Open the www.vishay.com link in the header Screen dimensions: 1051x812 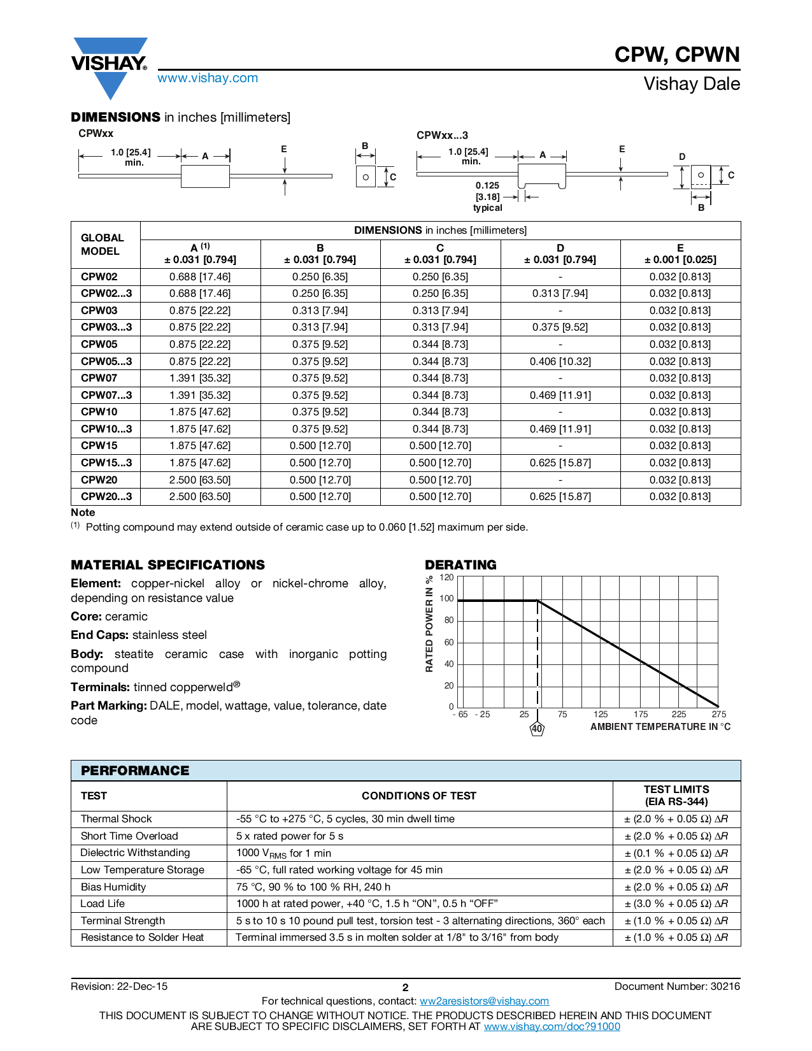pyautogui.click(x=208, y=78)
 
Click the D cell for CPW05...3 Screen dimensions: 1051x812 pyautogui.click(x=560, y=361)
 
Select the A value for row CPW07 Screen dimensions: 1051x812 pyautogui.click(x=200, y=378)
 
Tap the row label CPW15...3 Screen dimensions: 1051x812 pyautogui.click(x=106, y=462)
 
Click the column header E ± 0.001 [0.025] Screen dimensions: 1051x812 pyautogui.click(x=680, y=254)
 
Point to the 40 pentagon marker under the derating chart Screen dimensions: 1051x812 pyautogui.click(x=537, y=729)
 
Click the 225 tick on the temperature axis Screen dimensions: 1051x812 pyautogui.click(x=679, y=714)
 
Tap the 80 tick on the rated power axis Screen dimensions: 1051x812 pyautogui.click(x=449, y=620)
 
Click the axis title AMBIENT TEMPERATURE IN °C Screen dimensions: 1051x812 pyautogui.click(x=660, y=727)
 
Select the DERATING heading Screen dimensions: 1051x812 pyautogui.click(x=460, y=564)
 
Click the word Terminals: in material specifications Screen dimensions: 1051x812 pyautogui.click(x=100, y=687)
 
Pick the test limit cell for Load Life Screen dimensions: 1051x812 pyautogui.click(x=676, y=903)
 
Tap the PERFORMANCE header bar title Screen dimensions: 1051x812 pyautogui.click(x=135, y=770)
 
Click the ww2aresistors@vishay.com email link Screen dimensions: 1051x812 pyautogui.click(x=484, y=1001)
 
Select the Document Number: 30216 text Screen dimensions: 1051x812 pyautogui.click(x=676, y=986)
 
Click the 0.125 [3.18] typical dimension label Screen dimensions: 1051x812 pyautogui.click(x=487, y=196)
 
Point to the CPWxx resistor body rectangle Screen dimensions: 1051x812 pyautogui.click(x=205, y=176)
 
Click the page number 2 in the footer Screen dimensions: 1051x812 pyautogui.click(x=406, y=987)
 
